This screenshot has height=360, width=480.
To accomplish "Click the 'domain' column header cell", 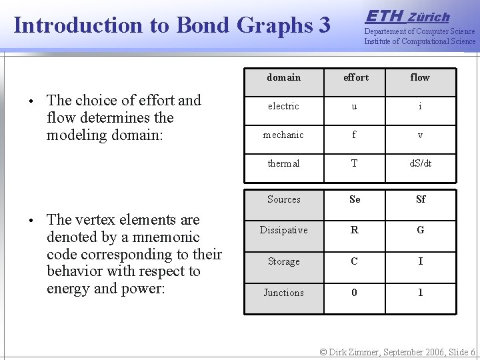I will coord(284,78).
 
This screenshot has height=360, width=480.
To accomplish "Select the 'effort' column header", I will coord(355,78).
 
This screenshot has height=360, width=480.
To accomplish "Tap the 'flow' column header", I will coord(420,78).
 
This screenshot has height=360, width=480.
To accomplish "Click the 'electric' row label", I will coord(284,107).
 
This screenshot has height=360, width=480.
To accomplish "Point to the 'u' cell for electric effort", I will coord(354,107).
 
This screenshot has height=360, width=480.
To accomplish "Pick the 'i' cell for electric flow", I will coord(420,107).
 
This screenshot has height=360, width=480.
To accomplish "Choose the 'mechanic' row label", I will coord(283,135).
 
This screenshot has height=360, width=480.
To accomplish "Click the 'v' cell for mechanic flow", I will coord(420,135).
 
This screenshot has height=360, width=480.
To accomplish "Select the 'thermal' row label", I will coord(284,164).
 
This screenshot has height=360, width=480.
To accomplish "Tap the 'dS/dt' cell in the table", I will coord(420,164).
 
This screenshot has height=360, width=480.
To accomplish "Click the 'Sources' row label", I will coord(284,199).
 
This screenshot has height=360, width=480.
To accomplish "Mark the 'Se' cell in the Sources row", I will coord(355,199).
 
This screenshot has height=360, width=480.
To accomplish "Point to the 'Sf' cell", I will coord(420,199).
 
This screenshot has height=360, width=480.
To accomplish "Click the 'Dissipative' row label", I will coord(284,231).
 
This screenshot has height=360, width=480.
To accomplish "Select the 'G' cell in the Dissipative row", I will coord(420,231).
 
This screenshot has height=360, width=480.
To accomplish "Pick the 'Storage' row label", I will coord(284,262).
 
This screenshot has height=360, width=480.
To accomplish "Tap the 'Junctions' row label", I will coord(284,293).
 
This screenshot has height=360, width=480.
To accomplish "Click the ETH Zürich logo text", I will coord(408,17).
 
